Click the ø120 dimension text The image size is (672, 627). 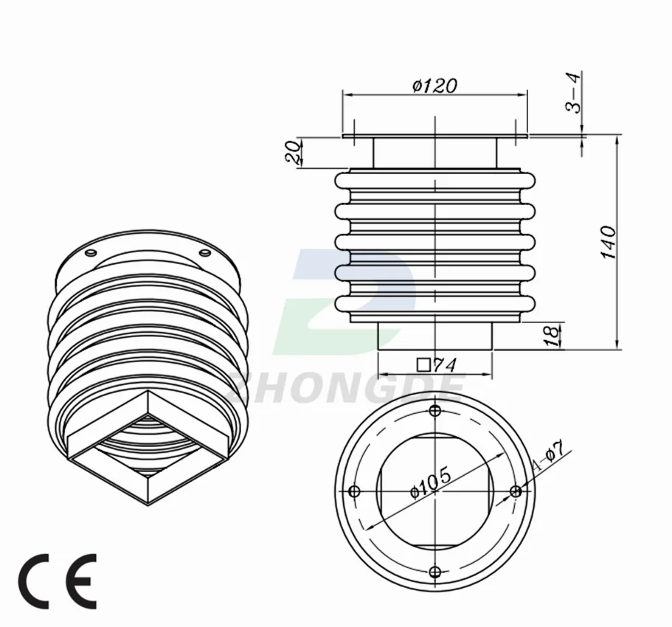tap(435, 86)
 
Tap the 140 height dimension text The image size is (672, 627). tap(609, 242)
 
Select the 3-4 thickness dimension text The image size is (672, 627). tap(573, 92)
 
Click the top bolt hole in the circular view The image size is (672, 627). tap(434, 410)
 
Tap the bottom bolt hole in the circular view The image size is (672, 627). tap(434, 572)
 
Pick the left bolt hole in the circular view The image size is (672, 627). tap(353, 491)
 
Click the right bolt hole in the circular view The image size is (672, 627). tap(516, 491)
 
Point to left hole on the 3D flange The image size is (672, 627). tap(91, 254)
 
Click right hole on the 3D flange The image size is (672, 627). tap(205, 254)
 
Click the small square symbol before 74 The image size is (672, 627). tap(423, 364)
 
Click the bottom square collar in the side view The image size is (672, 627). tap(435, 336)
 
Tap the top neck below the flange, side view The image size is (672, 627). tap(434, 153)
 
